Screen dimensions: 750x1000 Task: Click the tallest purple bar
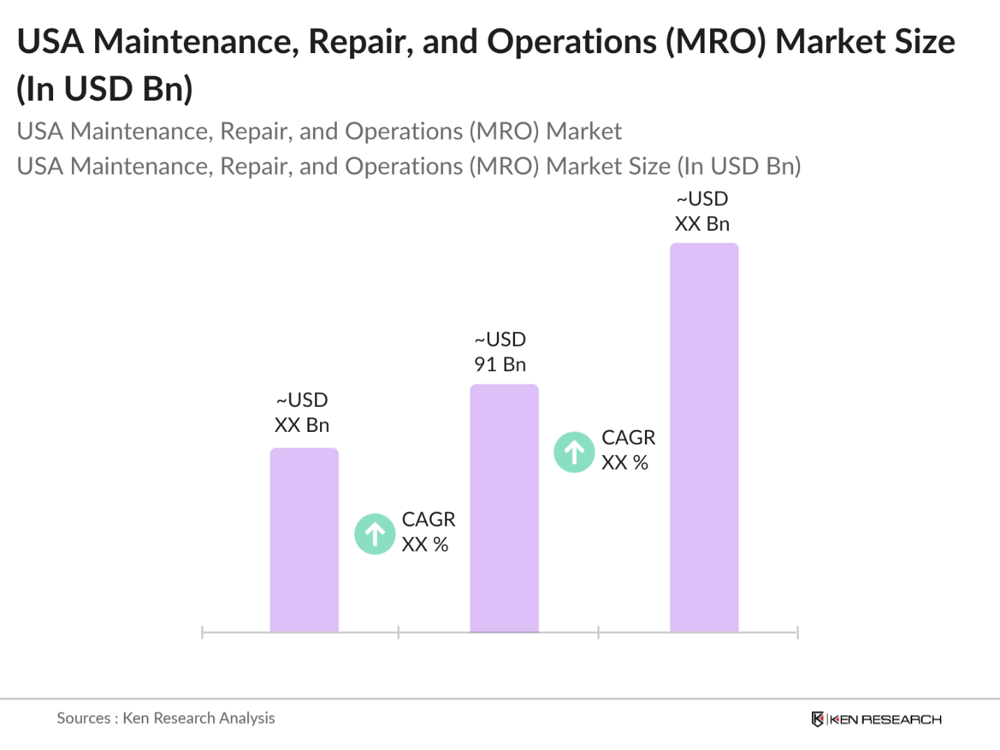pos(704,438)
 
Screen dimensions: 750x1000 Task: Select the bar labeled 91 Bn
pos(504,508)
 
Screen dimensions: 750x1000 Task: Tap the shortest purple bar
pos(304,540)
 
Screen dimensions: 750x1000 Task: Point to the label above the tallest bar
pos(702,211)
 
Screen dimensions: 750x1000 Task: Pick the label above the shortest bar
pos(302,412)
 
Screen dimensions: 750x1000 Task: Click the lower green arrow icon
pos(375,534)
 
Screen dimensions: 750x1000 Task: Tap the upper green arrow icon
pos(574,452)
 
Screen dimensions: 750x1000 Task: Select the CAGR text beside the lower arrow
pos(428,531)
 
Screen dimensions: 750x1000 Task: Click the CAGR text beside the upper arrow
pos(628,449)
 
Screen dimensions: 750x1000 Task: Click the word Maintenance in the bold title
pos(200,42)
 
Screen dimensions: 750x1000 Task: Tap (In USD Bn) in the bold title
pos(105,89)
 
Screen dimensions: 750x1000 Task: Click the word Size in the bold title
pos(923,42)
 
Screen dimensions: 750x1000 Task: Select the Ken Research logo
pos(876,719)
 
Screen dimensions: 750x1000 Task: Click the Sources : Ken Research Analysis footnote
pos(166,718)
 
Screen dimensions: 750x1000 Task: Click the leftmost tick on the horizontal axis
pos(202,633)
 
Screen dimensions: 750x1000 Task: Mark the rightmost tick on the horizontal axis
pos(797,633)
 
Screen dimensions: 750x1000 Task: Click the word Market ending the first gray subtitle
pos(584,131)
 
